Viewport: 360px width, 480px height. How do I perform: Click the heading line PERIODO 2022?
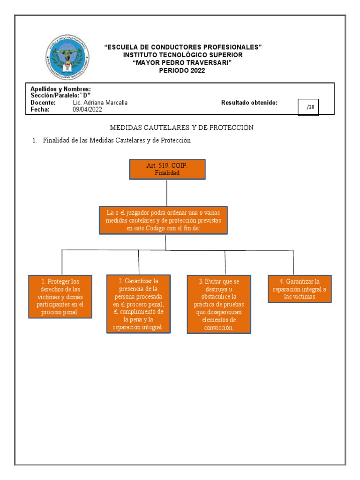coord(182,71)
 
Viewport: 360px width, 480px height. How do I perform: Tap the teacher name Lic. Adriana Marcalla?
coord(100,103)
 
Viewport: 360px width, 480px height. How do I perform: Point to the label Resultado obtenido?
coord(249,103)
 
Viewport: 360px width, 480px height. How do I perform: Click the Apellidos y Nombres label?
coord(60,89)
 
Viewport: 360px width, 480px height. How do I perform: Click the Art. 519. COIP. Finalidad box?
coord(167,169)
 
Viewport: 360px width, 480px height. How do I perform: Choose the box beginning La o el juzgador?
coord(164,220)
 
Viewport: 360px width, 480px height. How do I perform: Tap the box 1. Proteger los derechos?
coord(60,296)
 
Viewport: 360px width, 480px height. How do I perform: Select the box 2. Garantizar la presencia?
coord(138,304)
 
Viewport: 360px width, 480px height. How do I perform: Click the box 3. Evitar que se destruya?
coord(218,304)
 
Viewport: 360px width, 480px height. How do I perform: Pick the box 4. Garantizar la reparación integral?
coord(300,289)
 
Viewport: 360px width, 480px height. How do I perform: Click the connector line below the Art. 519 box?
coord(167,192)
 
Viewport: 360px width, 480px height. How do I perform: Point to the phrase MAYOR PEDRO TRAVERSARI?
coord(182,63)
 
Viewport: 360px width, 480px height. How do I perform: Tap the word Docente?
coord(43,103)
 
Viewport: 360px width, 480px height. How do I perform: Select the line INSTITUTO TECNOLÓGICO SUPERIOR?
coord(183,55)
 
